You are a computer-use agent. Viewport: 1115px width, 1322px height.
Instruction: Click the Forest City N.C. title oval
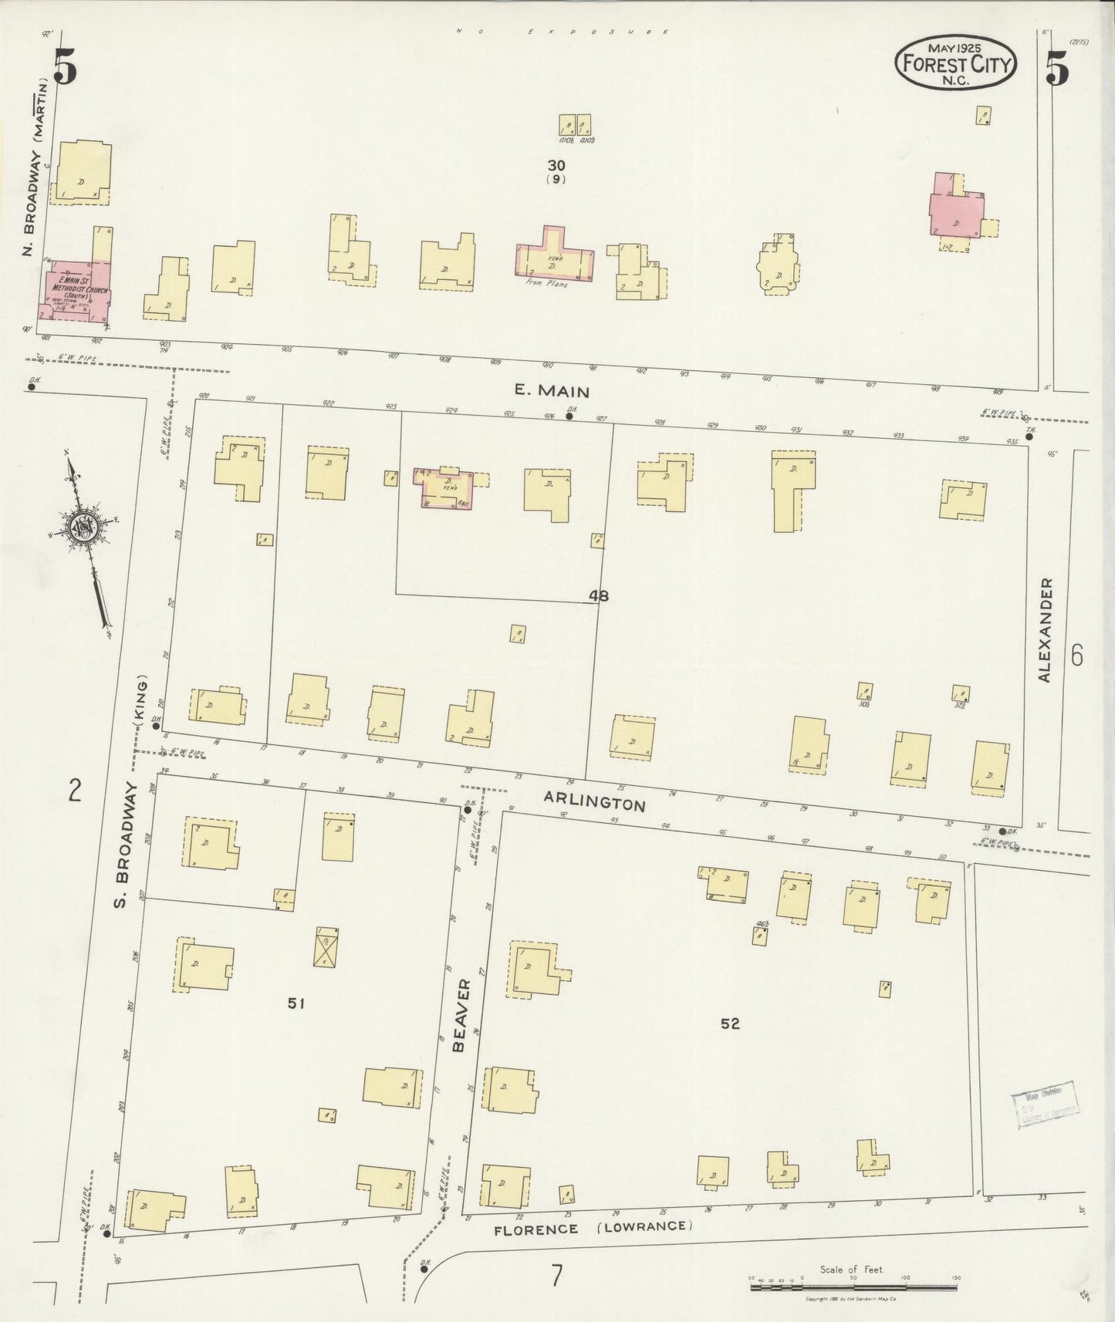coord(955,63)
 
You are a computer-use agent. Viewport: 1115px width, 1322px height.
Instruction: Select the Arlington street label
coord(594,801)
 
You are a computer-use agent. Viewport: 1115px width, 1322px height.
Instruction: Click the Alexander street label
coord(1045,630)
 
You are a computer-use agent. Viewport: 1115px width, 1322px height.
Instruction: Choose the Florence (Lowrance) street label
coord(593,1226)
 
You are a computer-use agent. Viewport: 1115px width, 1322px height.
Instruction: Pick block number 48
coord(599,595)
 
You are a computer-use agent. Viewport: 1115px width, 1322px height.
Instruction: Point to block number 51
coord(296,1003)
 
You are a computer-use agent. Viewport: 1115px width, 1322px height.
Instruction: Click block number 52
coord(730,1024)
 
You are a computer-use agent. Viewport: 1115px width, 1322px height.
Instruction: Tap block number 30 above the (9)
coord(556,164)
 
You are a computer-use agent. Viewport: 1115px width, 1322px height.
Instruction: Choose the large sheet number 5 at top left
coord(65,68)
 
